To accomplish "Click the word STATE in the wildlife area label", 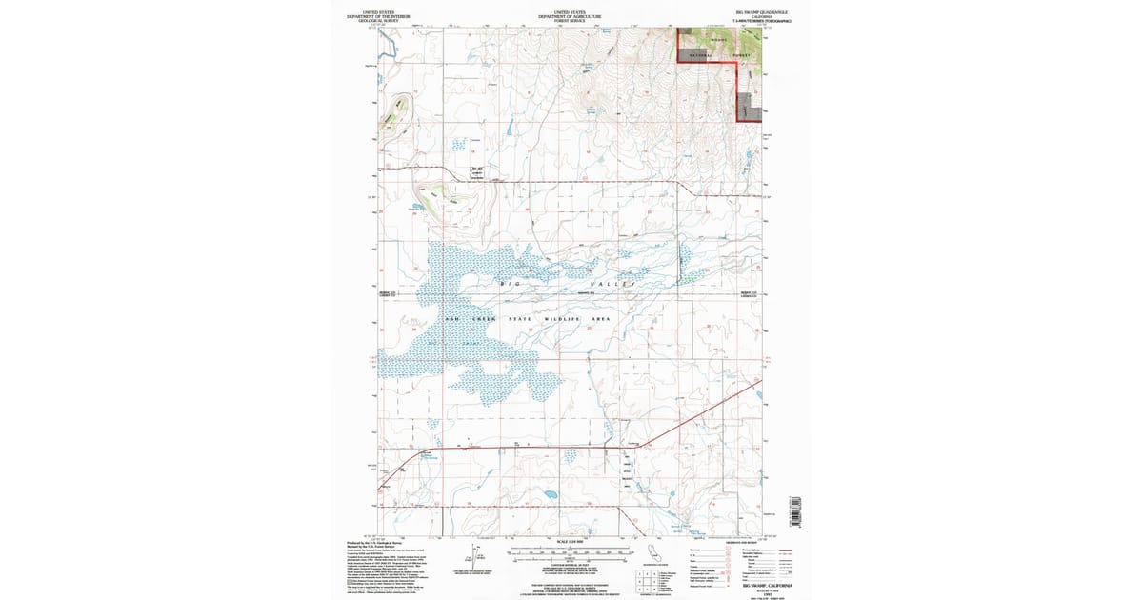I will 519,318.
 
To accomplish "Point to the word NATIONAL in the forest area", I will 695,55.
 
